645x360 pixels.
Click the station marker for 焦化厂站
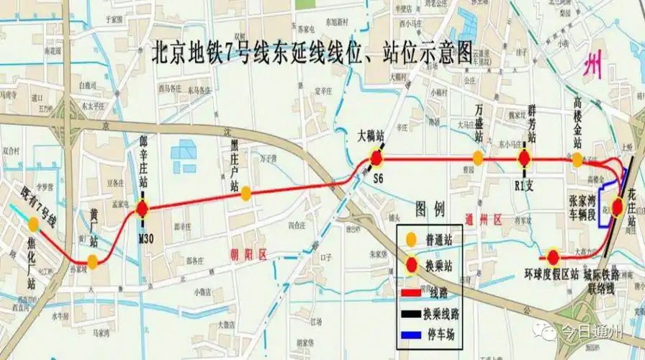33,224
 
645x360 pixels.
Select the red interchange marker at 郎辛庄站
142,210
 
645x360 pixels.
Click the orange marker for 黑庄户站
245,193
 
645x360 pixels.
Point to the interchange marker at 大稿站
376,158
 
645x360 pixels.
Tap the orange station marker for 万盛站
477,158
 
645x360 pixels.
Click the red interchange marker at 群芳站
525,159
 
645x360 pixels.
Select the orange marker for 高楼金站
577,160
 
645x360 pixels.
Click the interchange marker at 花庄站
618,205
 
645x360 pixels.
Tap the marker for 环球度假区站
553,257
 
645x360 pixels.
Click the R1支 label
525,184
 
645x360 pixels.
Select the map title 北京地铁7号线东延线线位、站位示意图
312,53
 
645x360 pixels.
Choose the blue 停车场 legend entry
440,334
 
